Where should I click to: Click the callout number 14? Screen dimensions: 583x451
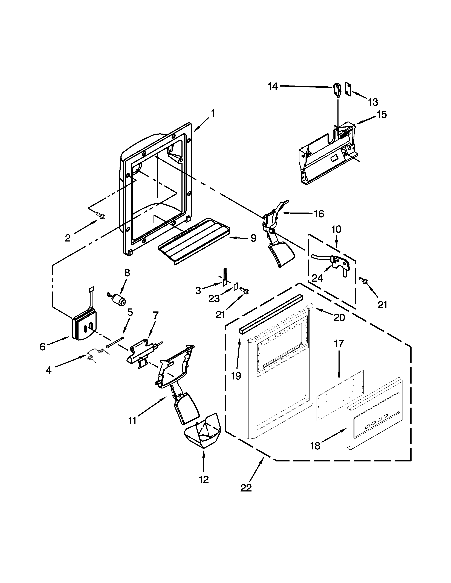click(x=273, y=87)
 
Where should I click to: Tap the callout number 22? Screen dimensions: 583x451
click(x=246, y=488)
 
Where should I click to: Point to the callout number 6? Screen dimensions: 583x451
click(x=42, y=347)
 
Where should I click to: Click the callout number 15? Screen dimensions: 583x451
click(x=382, y=114)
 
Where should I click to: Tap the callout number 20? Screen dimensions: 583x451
click(x=339, y=318)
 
